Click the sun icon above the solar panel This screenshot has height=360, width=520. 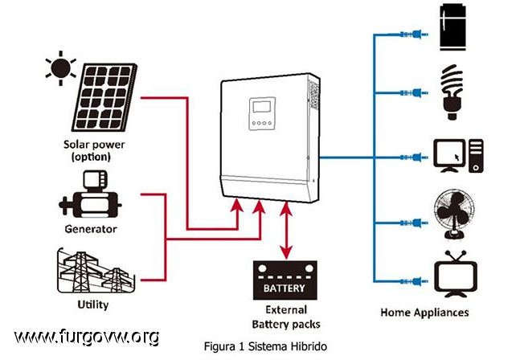point(61,68)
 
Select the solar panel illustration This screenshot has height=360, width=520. point(104,97)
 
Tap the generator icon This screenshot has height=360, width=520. point(89,194)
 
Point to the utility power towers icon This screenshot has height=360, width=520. point(96,271)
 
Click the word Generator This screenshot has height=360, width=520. point(91,229)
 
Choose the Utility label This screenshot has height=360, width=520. point(93,305)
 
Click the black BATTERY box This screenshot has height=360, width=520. point(285,280)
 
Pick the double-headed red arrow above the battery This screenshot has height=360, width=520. point(286,231)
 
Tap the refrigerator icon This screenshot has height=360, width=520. point(452,27)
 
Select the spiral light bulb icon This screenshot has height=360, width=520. point(452,92)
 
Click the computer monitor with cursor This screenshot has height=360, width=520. point(450,156)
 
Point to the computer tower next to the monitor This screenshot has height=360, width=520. point(476,156)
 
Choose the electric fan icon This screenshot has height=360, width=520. point(454,214)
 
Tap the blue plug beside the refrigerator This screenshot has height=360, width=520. point(414,34)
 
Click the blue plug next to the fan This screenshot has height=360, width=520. point(414,223)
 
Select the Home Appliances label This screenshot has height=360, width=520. point(424,313)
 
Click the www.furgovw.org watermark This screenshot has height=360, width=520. point(87,337)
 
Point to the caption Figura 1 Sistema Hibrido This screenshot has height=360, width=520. point(265,346)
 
